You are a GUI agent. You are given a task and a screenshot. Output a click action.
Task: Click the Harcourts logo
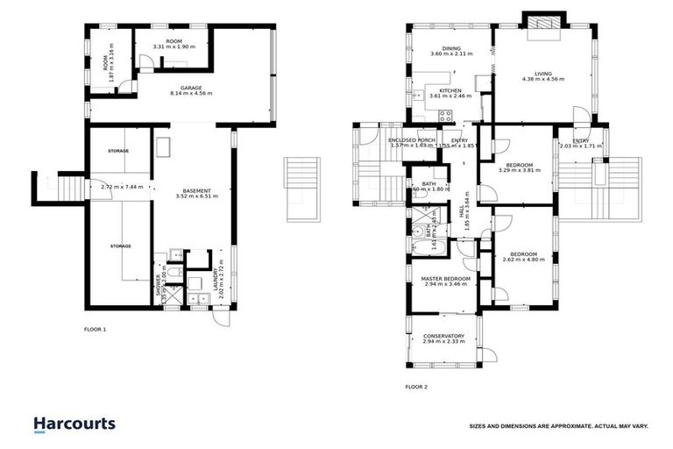(x=74, y=424)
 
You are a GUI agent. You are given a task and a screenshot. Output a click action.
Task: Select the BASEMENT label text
(x=195, y=190)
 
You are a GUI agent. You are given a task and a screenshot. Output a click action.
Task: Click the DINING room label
(x=451, y=49)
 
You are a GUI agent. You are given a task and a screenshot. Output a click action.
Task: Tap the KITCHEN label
(x=450, y=90)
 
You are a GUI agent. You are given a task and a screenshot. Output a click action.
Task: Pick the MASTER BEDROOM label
(x=446, y=279)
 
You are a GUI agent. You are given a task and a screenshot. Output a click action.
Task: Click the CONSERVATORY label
(x=443, y=336)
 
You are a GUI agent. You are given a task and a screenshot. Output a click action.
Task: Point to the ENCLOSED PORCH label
(x=412, y=140)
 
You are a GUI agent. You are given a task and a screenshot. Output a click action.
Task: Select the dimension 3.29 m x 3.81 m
(x=521, y=170)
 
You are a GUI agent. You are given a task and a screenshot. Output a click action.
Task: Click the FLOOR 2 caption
(x=416, y=386)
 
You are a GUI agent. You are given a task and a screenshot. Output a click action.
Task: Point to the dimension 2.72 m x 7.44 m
(x=122, y=186)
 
